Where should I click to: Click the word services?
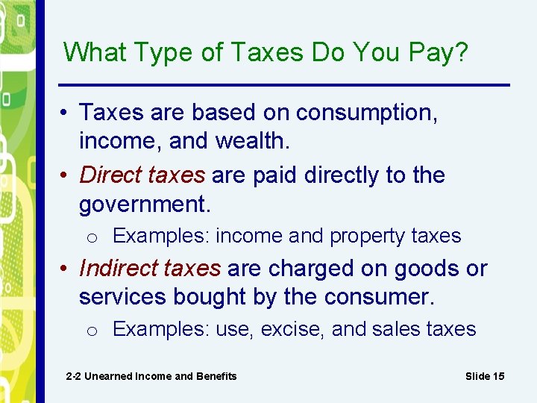tap(123, 297)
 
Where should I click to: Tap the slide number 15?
tap(497, 376)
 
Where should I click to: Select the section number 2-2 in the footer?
tap(73, 376)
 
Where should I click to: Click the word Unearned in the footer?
tap(108, 376)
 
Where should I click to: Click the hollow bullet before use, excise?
tap(90, 331)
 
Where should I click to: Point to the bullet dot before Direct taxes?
tap(67, 175)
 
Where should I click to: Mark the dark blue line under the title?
tap(283, 84)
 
